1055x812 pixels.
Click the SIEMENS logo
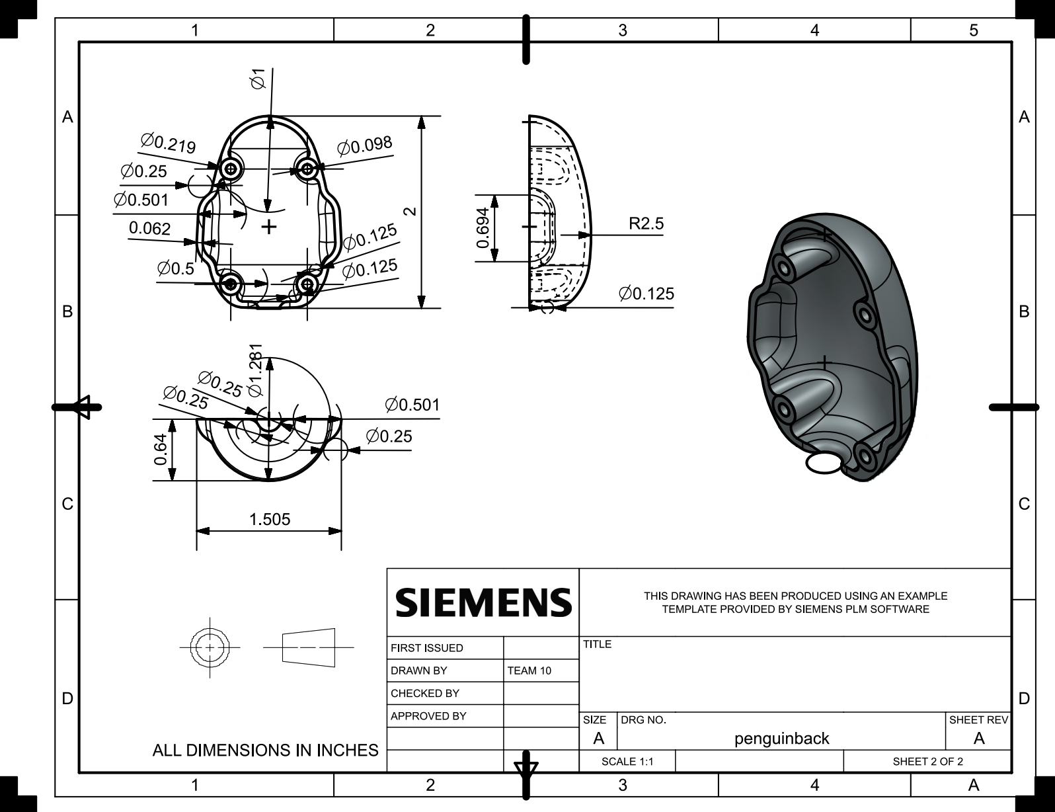pos(484,602)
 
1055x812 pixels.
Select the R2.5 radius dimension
pos(646,223)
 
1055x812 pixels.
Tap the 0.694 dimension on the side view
pos(483,227)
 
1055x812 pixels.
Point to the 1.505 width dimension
pos(270,520)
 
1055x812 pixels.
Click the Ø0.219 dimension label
pos(168,143)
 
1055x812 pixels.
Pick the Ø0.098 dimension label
pos(365,145)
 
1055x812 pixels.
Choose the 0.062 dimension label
pos(149,228)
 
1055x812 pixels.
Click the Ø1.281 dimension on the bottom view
pos(255,370)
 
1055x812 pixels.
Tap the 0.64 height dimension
pos(160,449)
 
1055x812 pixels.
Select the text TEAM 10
pos(529,670)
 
